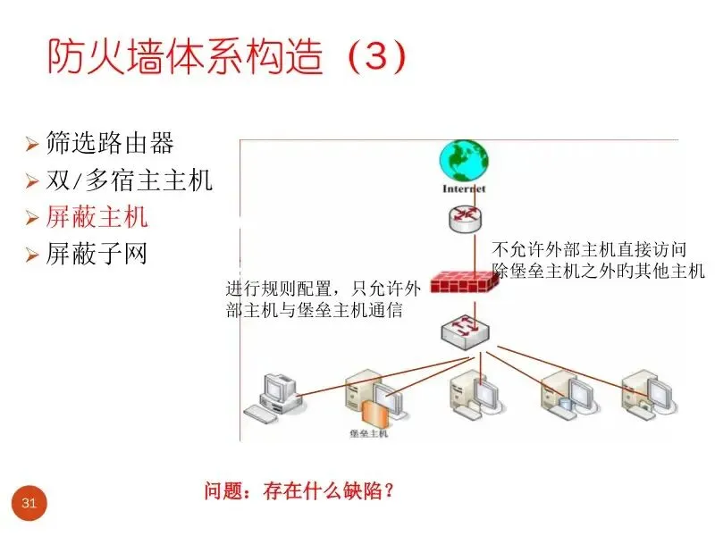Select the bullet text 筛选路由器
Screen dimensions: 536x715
point(110,143)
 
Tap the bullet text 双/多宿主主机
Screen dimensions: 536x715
point(130,180)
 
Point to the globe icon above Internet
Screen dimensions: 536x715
point(464,161)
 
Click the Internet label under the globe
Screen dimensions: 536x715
point(464,189)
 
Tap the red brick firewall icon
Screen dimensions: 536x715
point(464,283)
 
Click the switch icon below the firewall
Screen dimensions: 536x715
point(464,331)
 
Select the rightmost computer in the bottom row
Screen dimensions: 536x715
point(645,393)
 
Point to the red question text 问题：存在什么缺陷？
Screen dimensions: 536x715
point(299,490)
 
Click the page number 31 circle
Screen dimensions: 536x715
point(29,504)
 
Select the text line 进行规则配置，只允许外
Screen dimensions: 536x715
point(323,289)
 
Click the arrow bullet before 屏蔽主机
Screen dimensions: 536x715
point(31,218)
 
